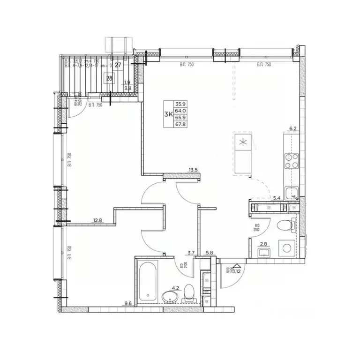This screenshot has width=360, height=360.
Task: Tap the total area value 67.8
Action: click(x=180, y=125)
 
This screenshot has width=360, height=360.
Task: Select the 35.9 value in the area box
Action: click(x=180, y=105)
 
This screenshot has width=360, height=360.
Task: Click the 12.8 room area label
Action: click(x=97, y=220)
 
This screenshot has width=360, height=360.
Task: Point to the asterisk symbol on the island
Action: click(x=242, y=143)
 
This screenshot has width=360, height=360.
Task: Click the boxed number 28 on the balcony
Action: click(x=109, y=78)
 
